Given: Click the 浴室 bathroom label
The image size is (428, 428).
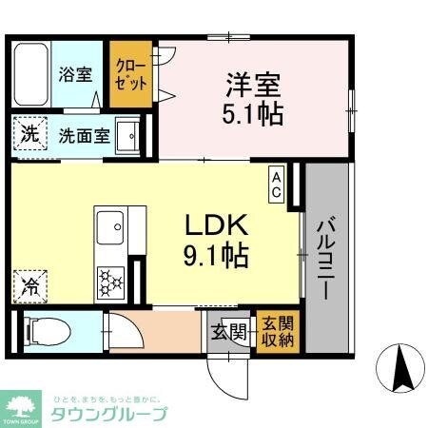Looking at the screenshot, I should coord(74,72).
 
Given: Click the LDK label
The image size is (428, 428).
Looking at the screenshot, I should coord(216,225).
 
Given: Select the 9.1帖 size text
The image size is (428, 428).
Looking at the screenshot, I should coord(216,257).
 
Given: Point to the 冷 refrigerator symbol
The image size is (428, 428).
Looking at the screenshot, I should coord(30,283).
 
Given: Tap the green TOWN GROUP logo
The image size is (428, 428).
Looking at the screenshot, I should coord(21,406).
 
